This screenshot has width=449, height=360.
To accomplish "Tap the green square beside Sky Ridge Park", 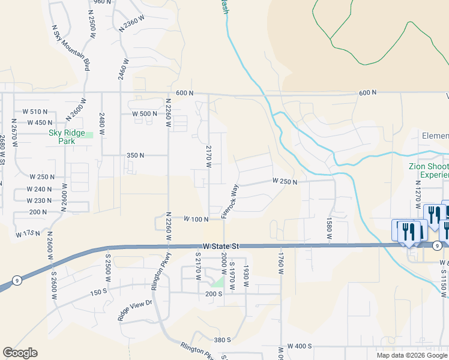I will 89,134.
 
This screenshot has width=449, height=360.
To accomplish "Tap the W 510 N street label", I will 35,112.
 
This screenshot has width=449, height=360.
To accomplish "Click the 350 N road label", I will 135,155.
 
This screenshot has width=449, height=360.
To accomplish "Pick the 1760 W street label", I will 280,263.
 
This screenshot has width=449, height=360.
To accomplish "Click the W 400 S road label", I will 300,346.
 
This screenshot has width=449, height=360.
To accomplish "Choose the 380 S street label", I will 222,340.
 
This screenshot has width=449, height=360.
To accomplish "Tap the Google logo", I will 20,353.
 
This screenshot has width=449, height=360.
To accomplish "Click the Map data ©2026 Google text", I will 412,355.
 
